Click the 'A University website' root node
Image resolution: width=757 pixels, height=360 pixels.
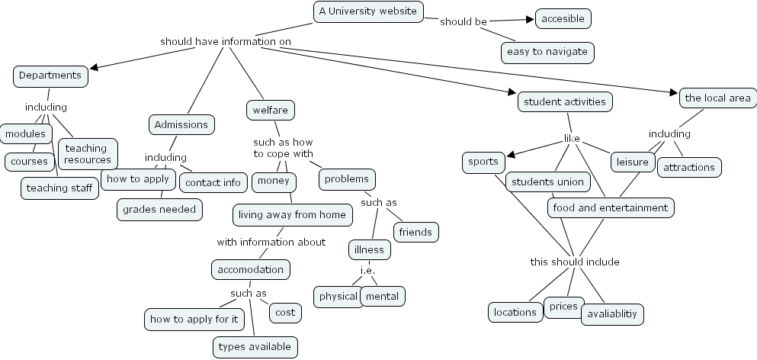(x=368, y=11)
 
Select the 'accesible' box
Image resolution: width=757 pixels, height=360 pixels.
(x=563, y=18)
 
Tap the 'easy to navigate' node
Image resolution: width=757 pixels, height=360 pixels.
(x=547, y=52)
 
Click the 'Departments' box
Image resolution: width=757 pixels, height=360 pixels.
(x=50, y=76)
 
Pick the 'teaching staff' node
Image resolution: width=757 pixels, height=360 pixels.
(x=59, y=188)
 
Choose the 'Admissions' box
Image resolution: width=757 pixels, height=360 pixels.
(x=181, y=124)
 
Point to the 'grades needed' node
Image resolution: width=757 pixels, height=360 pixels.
(x=160, y=209)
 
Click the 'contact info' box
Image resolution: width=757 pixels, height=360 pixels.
(x=213, y=182)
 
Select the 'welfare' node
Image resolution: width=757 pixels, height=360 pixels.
(x=270, y=111)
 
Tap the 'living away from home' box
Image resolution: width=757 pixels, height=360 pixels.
(x=293, y=215)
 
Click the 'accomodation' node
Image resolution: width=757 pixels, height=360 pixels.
(x=250, y=269)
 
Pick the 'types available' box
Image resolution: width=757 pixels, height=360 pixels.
(x=255, y=347)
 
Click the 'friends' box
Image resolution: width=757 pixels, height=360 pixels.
(x=415, y=232)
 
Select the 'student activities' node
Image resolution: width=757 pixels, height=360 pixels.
(x=565, y=101)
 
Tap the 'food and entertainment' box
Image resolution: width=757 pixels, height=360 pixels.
(x=611, y=207)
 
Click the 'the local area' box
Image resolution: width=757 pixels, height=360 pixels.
(x=717, y=98)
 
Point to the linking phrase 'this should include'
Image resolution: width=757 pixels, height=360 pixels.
(x=575, y=262)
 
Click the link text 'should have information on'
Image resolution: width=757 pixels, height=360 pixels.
(x=226, y=41)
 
